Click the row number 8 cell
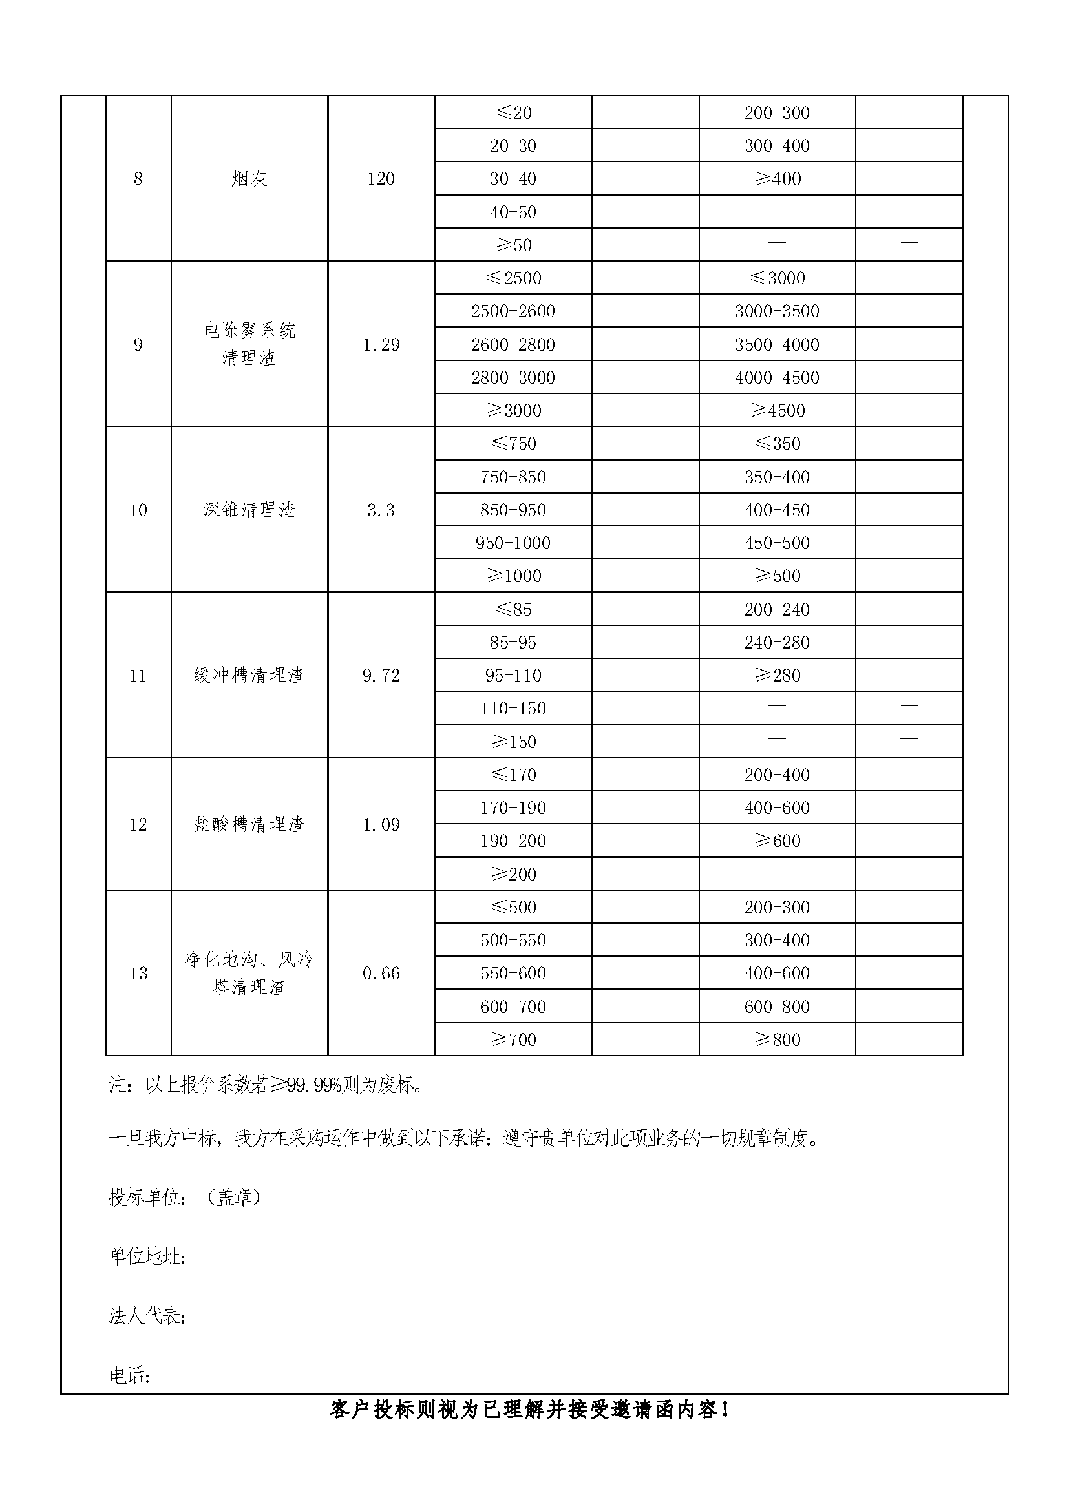click(x=138, y=179)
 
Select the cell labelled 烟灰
click(x=249, y=179)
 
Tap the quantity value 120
click(x=381, y=179)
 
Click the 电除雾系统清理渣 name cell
click(x=249, y=344)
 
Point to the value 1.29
click(x=381, y=345)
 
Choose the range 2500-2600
click(x=513, y=311)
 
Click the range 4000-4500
click(x=777, y=378)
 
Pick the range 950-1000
click(x=513, y=543)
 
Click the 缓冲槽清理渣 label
click(x=249, y=675)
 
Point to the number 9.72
click(x=381, y=676)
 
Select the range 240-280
click(x=777, y=642)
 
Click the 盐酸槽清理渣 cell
click(x=249, y=824)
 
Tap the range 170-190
click(x=513, y=808)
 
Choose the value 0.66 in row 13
click(x=381, y=974)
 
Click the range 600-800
click(x=777, y=1007)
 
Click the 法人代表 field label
click(x=146, y=1315)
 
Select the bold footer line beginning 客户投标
click(x=531, y=1410)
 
